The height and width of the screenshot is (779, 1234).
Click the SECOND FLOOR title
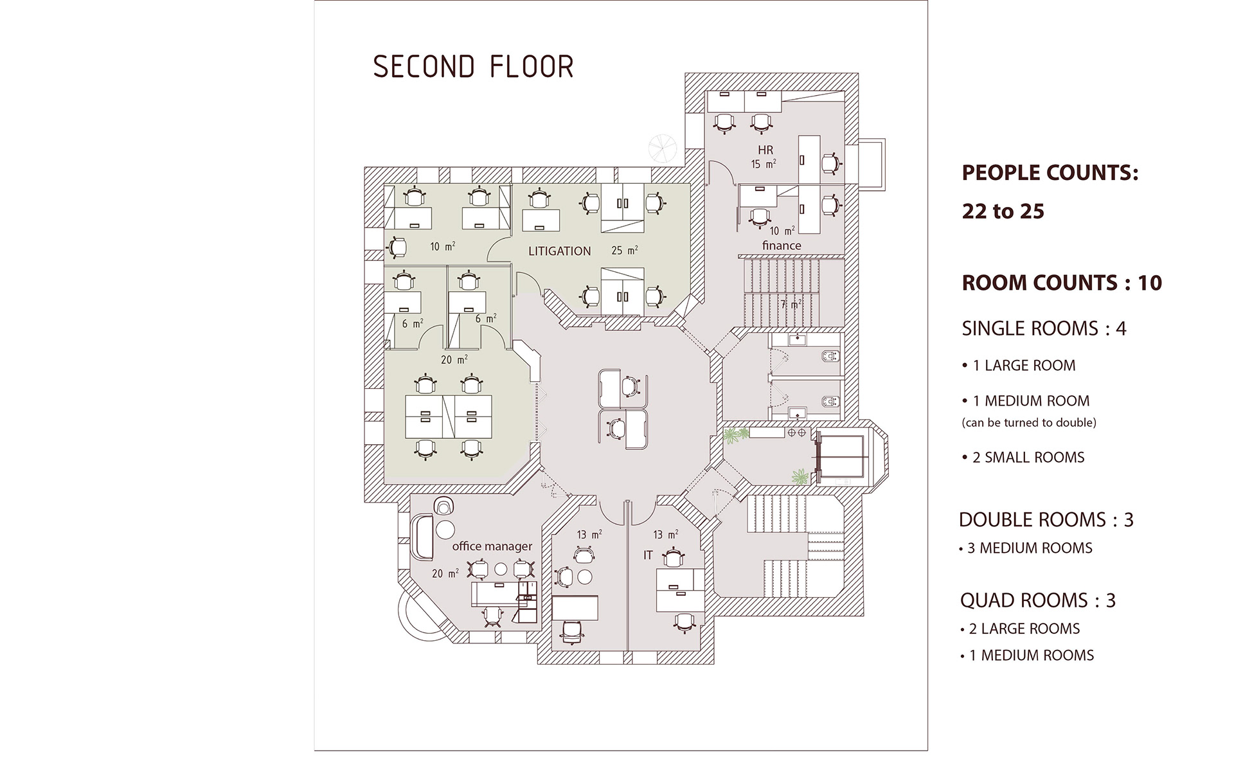click(x=473, y=67)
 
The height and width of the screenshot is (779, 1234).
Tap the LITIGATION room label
click(x=559, y=251)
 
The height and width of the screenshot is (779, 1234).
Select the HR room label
click(x=765, y=150)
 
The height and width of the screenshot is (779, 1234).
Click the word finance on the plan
click(x=782, y=245)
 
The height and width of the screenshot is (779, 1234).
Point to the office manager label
click(x=492, y=546)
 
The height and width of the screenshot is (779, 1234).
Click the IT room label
click(x=648, y=555)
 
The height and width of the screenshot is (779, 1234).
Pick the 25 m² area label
click(x=624, y=250)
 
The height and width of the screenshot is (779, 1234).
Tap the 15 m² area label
click(x=764, y=164)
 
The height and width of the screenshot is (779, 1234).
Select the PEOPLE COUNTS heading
click(x=1050, y=172)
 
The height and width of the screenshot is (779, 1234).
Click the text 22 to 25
click(x=1003, y=211)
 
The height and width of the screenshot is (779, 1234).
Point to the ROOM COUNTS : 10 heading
click(x=1062, y=283)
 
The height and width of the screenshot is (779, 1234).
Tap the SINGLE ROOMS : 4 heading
click(x=1044, y=328)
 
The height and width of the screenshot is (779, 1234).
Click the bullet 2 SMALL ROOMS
click(x=1023, y=458)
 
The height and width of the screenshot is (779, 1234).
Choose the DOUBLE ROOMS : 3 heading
click(x=1046, y=519)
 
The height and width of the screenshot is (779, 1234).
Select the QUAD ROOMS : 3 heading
click(x=1037, y=600)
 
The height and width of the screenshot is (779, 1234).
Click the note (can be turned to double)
click(x=1029, y=422)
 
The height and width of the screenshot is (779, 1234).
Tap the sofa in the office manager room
click(x=422, y=536)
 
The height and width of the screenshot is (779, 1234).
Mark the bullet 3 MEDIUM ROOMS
click(x=1026, y=548)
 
